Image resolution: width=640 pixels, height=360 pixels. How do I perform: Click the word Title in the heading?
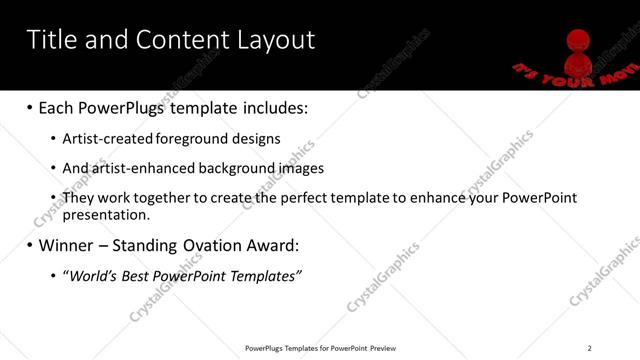tap(52, 40)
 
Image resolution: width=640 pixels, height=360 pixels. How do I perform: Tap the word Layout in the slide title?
tap(276, 40)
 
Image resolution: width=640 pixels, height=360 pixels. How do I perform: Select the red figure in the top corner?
tap(576, 50)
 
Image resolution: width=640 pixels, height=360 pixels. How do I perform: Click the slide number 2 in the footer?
tap(589, 348)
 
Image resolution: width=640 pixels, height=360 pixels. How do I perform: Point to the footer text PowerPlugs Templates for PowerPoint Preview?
tap(321, 348)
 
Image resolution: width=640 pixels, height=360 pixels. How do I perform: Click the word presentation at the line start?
tap(105, 214)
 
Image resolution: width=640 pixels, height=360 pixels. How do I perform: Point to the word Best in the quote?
tap(138, 275)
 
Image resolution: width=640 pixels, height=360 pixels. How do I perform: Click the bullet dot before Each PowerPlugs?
tap(29, 107)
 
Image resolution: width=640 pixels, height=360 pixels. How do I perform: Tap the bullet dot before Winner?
tap(29, 245)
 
